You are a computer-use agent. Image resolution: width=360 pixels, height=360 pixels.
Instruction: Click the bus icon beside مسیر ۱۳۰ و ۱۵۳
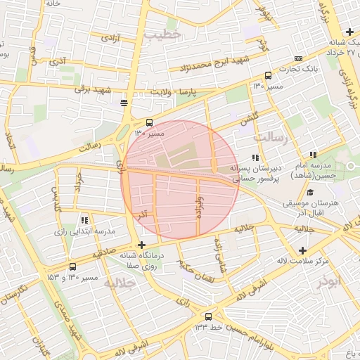pyautogui.click(x=73, y=267)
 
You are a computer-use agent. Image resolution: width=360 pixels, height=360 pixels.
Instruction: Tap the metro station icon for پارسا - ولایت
pyautogui.click(x=124, y=103)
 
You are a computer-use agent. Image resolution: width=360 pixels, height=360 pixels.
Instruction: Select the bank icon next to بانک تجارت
pyautogui.click(x=299, y=59)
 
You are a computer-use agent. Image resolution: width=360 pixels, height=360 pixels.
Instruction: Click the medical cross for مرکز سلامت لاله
pyautogui.click(x=302, y=251)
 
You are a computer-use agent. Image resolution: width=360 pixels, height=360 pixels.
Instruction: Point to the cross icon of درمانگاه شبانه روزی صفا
pyautogui.click(x=141, y=245)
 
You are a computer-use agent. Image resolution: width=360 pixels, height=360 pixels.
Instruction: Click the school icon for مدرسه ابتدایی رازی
pyautogui.click(x=85, y=220)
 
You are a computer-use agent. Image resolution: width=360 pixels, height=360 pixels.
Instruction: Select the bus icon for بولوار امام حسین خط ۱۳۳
pyautogui.click(x=208, y=316)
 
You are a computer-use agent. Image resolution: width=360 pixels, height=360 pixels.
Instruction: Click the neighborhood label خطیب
pyautogui.click(x=162, y=33)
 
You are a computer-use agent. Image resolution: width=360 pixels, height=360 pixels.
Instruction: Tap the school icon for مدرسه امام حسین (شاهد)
pyautogui.click(x=313, y=155)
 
